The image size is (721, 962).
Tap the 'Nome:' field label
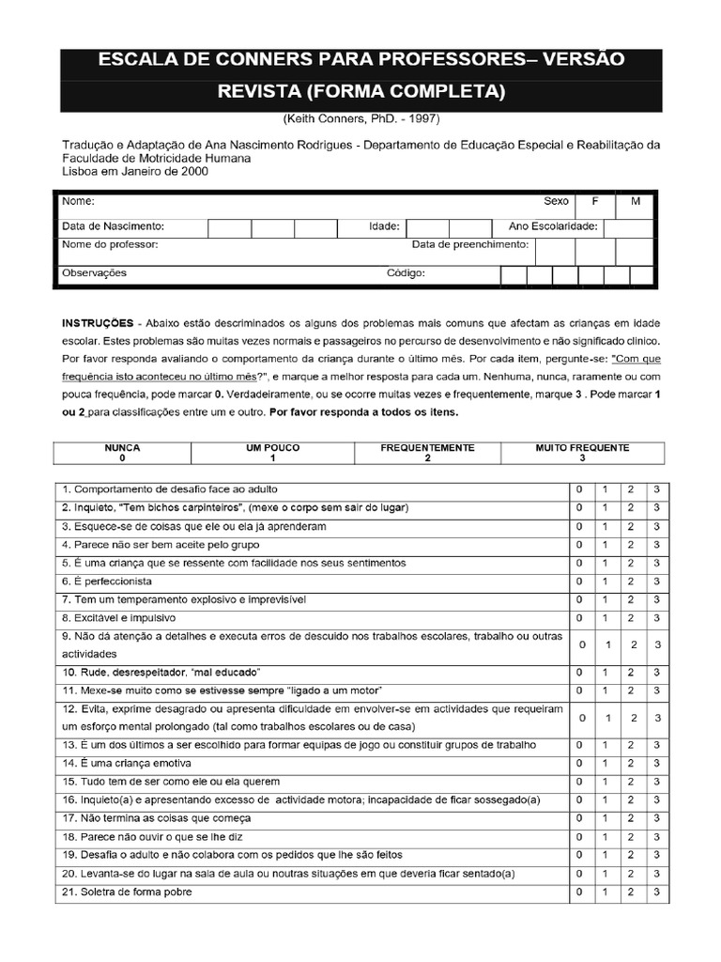point(78,201)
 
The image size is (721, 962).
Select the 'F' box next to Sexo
point(593,201)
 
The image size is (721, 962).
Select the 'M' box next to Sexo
point(635,201)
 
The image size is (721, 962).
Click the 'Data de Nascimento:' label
point(114,226)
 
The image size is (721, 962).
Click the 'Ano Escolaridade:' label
point(553,226)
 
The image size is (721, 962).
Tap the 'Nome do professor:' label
point(110,244)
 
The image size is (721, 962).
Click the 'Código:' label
point(407,273)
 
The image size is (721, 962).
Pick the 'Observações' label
point(94,273)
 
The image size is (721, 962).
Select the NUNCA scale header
point(122,448)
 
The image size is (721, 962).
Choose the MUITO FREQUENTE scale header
point(582,448)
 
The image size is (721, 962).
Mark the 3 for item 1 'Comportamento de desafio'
point(657,489)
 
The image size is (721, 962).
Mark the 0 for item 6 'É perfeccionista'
point(579,582)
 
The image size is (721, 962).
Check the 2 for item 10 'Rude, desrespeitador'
point(632,673)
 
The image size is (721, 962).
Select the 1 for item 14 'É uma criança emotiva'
point(606,764)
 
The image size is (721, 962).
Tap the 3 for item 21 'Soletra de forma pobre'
point(657,892)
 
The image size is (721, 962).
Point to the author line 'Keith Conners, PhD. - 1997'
point(360,119)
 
